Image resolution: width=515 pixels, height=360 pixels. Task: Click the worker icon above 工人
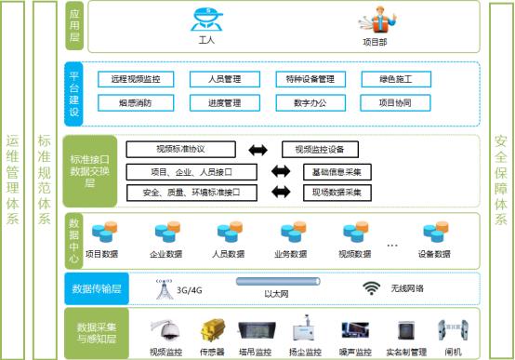(x=206, y=20)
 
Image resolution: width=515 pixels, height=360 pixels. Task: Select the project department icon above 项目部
(x=373, y=20)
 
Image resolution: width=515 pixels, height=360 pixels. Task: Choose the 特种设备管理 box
(x=310, y=80)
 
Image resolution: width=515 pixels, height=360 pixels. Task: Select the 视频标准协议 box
(x=180, y=150)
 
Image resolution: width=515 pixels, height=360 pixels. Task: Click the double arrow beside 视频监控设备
(x=258, y=150)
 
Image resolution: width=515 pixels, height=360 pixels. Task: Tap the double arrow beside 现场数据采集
(x=280, y=193)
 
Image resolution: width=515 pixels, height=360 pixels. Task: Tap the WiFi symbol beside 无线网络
(x=372, y=288)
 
